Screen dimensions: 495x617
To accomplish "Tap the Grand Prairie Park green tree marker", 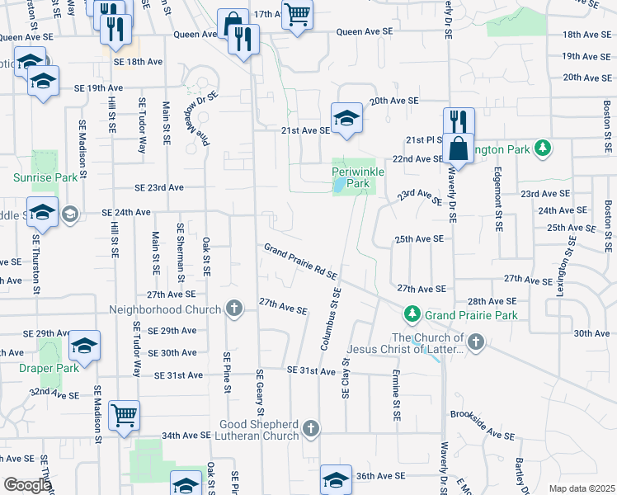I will tap(411, 314).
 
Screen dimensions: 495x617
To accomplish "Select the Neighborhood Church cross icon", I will tap(234, 309).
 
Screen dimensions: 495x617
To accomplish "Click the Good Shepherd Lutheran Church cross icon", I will tap(310, 427).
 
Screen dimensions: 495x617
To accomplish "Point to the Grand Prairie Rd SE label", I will tap(301, 262).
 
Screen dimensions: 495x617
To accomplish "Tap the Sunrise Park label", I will tap(45, 177).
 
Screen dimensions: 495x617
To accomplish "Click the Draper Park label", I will tap(49, 368).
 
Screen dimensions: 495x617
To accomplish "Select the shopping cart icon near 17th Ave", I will tap(297, 15).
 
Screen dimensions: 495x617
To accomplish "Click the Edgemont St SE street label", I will tap(498, 204).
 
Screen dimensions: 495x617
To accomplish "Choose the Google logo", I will tap(27, 484).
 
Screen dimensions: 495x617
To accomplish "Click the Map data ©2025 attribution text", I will tap(582, 488).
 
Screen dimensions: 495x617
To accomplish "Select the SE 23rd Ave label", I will tap(157, 187).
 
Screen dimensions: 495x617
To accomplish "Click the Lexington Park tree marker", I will tap(543, 148).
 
